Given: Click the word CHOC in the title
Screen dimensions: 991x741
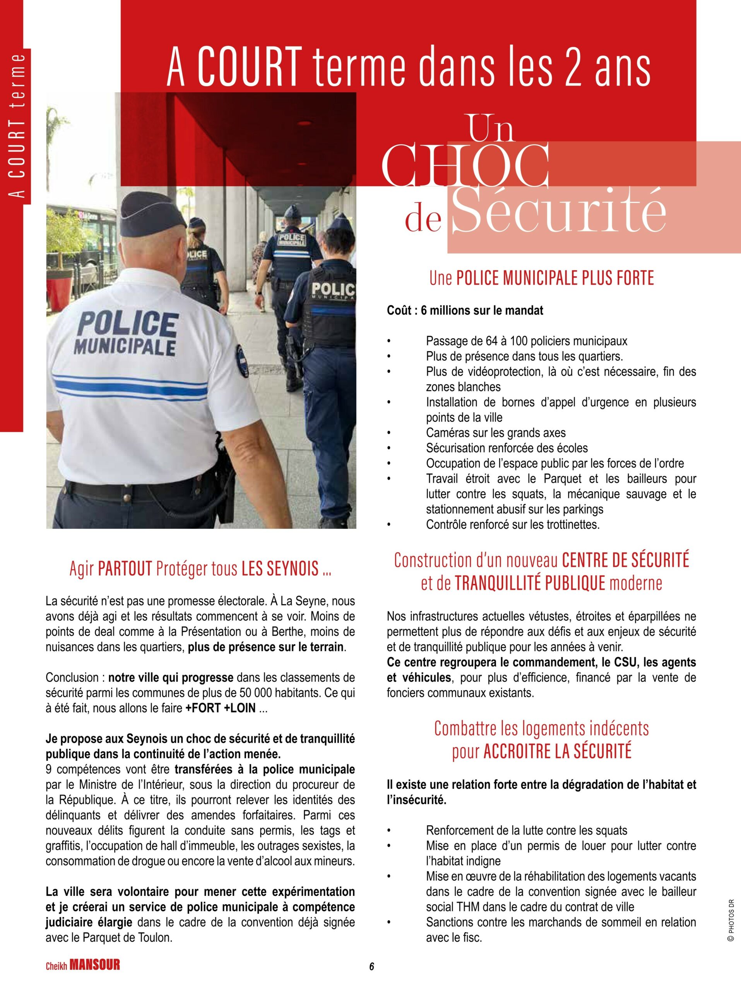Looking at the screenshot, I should (467, 166).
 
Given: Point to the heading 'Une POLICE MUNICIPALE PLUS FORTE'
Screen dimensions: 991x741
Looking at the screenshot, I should (541, 278).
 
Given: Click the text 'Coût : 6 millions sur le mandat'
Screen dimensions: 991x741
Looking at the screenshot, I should (465, 310).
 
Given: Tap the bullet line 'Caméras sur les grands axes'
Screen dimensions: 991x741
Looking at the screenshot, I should (496, 433).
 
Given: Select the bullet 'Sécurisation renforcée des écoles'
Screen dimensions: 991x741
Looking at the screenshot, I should (507, 448).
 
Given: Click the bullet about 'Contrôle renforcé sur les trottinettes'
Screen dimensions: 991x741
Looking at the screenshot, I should (513, 525).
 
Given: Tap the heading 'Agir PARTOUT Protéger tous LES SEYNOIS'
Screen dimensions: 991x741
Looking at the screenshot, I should (200, 569).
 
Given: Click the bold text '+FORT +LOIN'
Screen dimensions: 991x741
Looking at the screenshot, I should (220, 708).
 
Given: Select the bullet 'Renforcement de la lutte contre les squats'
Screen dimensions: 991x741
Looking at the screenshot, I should (527, 831).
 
